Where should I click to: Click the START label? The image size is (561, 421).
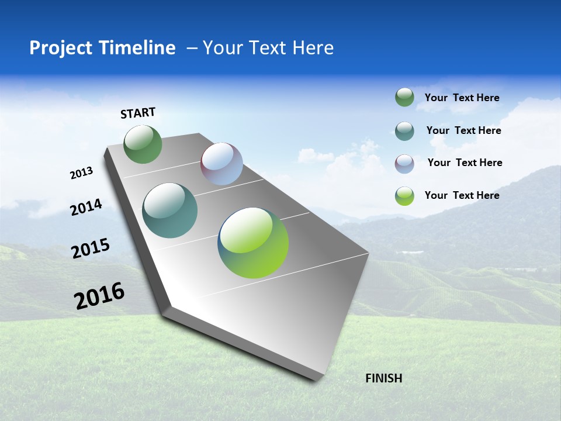coord(138,113)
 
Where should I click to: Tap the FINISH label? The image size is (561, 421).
coord(383,378)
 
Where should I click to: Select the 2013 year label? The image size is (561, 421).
coord(81,173)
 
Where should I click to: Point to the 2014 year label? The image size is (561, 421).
coord(86,208)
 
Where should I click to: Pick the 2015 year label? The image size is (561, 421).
coord(90,249)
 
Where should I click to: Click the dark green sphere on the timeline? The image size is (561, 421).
coord(143,144)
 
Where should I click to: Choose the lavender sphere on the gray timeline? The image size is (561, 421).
coord(221,164)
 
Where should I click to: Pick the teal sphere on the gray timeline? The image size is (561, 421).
coord(170,210)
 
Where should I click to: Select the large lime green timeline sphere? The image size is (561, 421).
coord(253,243)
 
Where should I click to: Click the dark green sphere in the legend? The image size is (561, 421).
coord(404,98)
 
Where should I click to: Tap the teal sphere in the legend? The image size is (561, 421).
coord(404,131)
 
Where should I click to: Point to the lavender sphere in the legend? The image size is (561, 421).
coord(404,164)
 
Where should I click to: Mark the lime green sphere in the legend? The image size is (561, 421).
coord(404,196)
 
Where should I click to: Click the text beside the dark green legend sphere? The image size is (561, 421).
coord(462,98)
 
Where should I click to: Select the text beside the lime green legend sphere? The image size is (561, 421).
coord(462,195)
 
